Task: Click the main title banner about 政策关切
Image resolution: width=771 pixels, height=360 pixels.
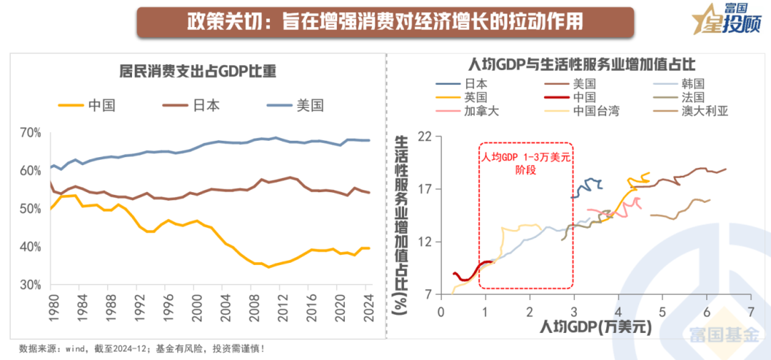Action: click(385, 21)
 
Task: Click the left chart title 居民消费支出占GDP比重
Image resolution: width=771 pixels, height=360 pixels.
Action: click(197, 71)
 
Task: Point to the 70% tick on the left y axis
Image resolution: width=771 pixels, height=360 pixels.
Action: click(31, 133)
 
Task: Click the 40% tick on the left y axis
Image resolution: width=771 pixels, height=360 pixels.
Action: click(31, 246)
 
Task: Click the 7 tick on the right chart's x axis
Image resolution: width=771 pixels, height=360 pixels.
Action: click(750, 312)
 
